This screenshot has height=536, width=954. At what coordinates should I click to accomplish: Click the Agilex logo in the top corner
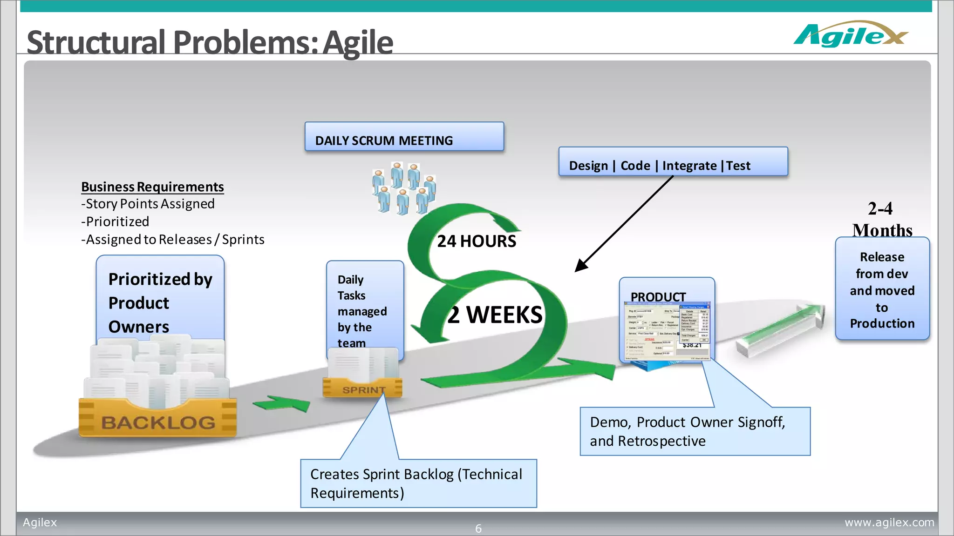coord(851,35)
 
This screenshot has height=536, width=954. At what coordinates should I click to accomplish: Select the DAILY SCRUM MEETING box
coord(404,137)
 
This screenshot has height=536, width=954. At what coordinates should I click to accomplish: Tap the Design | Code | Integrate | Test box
coord(673,162)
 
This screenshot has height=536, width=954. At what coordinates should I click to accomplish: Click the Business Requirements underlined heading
coord(152,187)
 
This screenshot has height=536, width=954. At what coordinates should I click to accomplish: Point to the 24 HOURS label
coord(476,241)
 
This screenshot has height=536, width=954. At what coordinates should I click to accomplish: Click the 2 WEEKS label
coord(495,315)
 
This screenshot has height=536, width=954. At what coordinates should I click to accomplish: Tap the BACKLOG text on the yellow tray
coord(158,422)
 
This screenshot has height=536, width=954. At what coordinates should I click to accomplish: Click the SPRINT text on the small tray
coord(363,390)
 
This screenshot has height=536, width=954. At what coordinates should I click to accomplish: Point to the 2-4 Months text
coord(881,219)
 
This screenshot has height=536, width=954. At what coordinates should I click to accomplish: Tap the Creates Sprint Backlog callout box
coord(418,483)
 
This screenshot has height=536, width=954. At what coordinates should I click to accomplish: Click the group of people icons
coord(404,188)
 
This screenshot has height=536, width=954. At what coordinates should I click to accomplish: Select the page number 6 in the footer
coord(478,529)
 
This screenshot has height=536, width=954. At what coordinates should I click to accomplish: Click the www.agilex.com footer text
coord(889,523)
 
